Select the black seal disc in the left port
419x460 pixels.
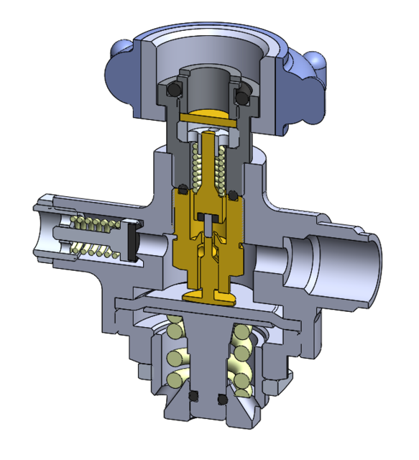pos(131,240)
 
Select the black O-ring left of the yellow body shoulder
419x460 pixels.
pos(183,191)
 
